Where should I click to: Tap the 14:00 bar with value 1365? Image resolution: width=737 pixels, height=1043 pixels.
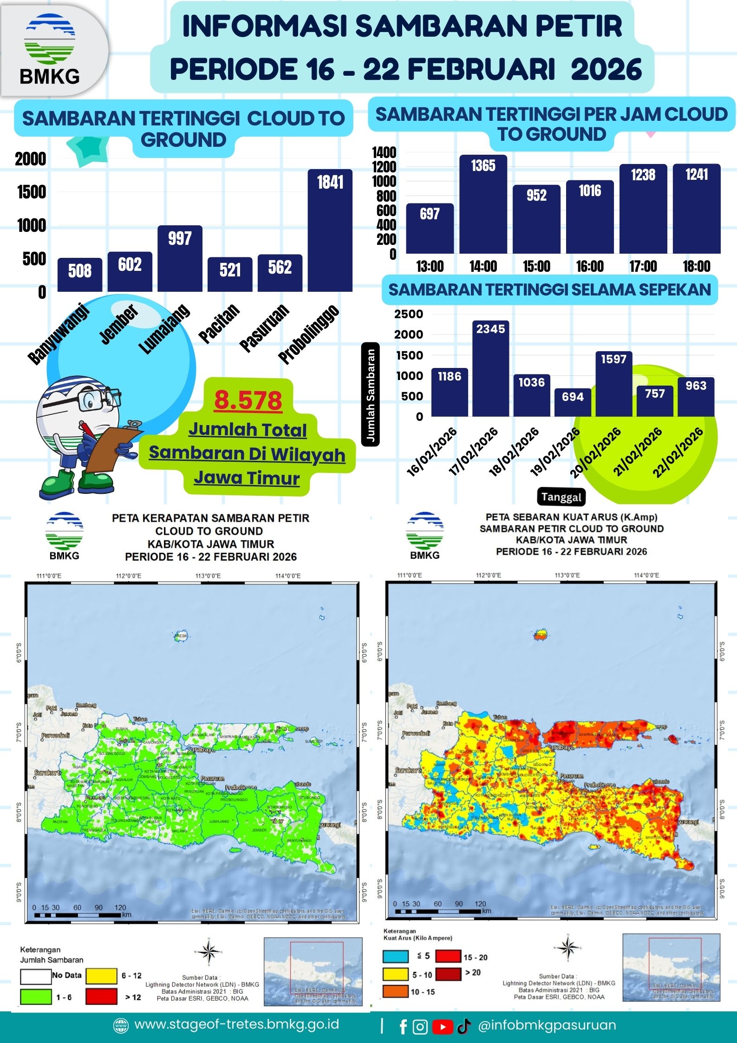pyautogui.click(x=483, y=204)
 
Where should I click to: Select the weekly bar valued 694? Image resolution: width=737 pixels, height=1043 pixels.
pyautogui.click(x=573, y=402)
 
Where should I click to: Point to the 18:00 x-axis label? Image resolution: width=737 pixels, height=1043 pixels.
pyautogui.click(x=696, y=266)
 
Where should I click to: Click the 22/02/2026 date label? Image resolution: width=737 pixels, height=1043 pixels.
pyautogui.click(x=678, y=453)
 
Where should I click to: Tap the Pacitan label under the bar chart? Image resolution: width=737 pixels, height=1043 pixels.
pyautogui.click(x=219, y=323)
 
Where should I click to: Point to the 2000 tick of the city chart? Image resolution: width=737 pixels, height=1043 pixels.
pyautogui.click(x=31, y=159)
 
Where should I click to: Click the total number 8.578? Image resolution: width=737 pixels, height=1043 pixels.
pyautogui.click(x=248, y=400)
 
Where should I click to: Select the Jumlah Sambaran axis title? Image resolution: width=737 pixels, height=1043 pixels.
pyautogui.click(x=371, y=394)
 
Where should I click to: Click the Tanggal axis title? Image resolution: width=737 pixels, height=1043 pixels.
pyautogui.click(x=561, y=497)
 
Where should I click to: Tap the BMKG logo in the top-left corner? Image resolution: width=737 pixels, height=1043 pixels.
pyautogui.click(x=50, y=49)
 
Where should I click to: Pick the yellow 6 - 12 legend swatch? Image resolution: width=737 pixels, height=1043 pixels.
pyautogui.click(x=101, y=976)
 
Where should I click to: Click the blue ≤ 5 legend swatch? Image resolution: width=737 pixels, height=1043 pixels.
pyautogui.click(x=396, y=956)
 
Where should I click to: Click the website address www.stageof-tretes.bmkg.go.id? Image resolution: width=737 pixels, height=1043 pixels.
pyautogui.click(x=236, y=1024)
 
